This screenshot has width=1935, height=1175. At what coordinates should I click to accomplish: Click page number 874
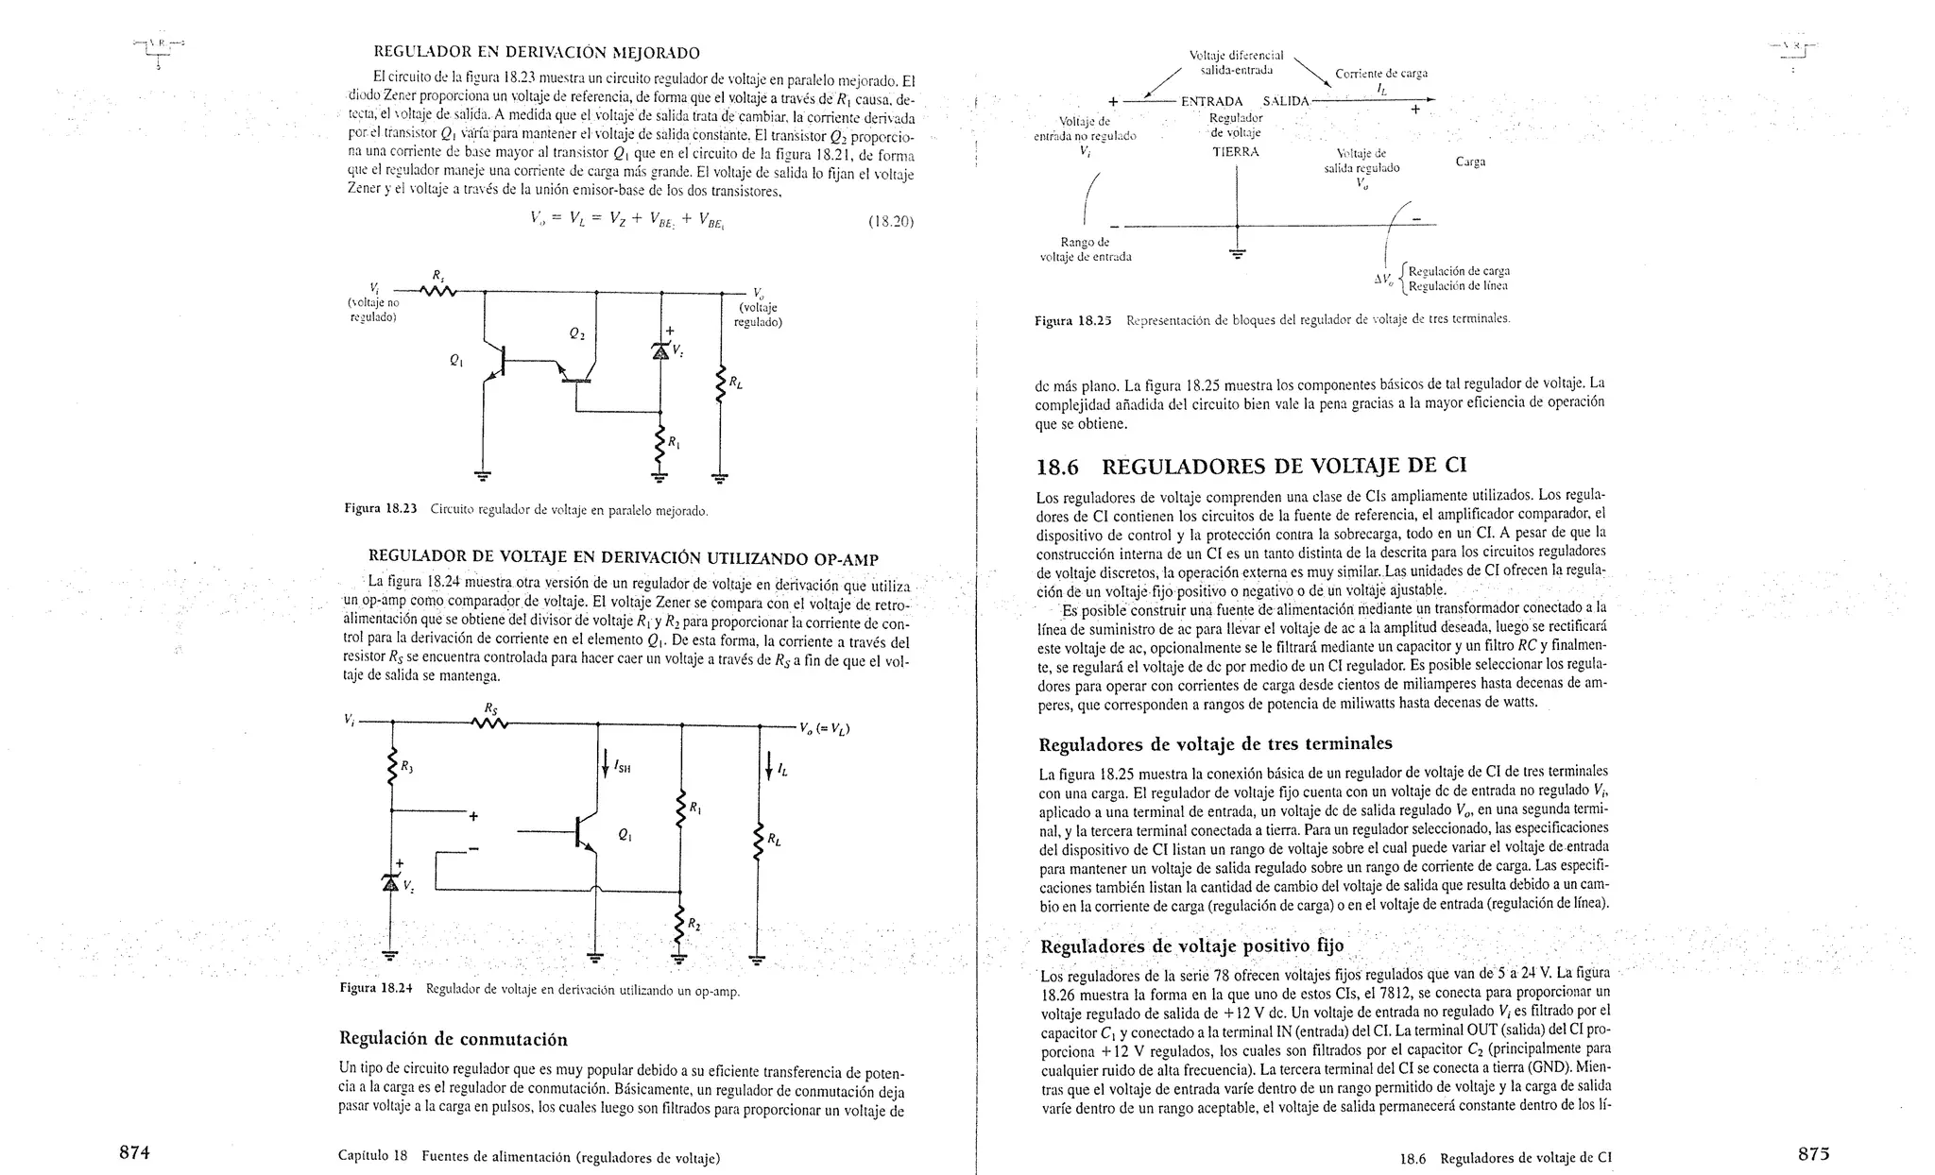pyautogui.click(x=136, y=1151)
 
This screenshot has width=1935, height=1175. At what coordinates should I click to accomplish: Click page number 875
pyautogui.click(x=1813, y=1152)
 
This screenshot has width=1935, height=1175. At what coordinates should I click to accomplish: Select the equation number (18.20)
pyautogui.click(x=890, y=222)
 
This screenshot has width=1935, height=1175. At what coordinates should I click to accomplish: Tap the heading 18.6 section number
pyautogui.click(x=1057, y=467)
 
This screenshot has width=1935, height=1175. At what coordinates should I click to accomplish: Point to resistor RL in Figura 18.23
pyautogui.click(x=721, y=383)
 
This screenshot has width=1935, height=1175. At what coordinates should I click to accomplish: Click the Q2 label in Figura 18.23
pyautogui.click(x=577, y=333)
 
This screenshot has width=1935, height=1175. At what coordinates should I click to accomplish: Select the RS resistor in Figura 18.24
pyautogui.click(x=489, y=724)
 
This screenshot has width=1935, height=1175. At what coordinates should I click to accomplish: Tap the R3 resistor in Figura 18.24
pyautogui.click(x=391, y=767)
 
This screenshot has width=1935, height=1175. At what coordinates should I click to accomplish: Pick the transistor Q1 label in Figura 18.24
pyautogui.click(x=624, y=834)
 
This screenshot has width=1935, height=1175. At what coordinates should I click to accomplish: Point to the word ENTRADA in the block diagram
pyautogui.click(x=1211, y=102)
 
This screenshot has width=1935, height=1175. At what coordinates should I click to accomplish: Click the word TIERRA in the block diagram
pyautogui.click(x=1236, y=151)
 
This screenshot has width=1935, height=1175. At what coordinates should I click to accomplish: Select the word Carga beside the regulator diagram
pyautogui.click(x=1470, y=162)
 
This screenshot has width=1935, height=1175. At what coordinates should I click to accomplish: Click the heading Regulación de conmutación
pyautogui.click(x=453, y=1039)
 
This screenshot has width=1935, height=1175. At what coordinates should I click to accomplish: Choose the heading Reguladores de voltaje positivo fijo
pyautogui.click(x=1191, y=946)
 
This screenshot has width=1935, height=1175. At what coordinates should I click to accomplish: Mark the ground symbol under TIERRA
pyautogui.click(x=1237, y=252)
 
